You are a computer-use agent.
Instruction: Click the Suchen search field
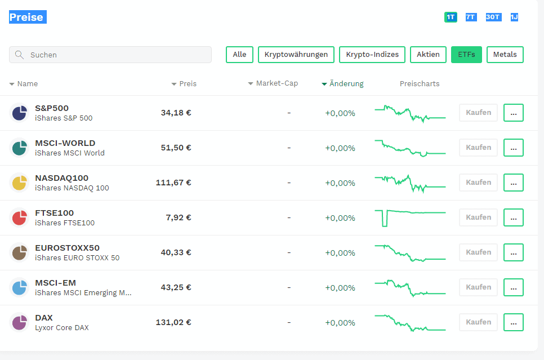click(x=110, y=55)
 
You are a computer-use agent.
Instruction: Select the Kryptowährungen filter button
click(x=296, y=55)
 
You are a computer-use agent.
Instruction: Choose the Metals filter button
click(x=505, y=55)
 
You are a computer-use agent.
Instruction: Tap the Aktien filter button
click(x=428, y=55)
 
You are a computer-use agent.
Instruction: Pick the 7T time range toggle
click(x=470, y=17)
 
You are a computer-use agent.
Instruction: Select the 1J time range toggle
click(x=514, y=17)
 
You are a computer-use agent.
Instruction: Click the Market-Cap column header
click(x=273, y=83)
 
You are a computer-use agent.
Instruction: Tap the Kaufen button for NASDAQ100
click(x=479, y=183)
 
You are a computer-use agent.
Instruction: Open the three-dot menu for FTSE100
click(x=514, y=217)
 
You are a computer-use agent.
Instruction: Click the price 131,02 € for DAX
click(x=173, y=322)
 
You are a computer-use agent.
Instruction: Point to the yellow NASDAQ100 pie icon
click(x=19, y=183)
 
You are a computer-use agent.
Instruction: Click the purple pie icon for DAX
click(x=19, y=323)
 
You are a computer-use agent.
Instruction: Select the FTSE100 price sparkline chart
click(x=410, y=218)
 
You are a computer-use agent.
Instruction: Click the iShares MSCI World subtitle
click(x=70, y=153)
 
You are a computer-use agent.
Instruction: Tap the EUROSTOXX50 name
click(x=68, y=248)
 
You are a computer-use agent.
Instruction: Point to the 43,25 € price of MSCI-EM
click(x=176, y=287)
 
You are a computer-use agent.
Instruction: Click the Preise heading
click(x=28, y=17)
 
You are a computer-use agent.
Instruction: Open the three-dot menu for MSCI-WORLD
click(x=514, y=148)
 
